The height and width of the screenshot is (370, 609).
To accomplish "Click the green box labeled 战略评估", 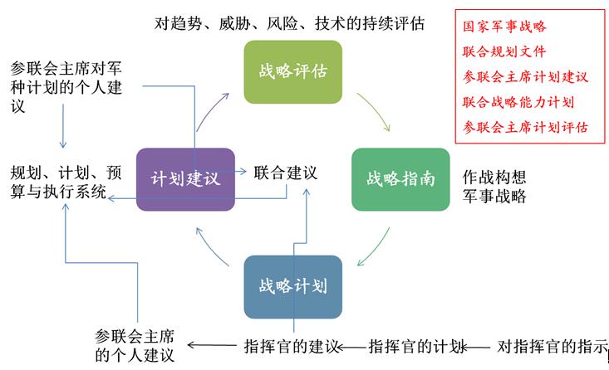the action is (x=292, y=71).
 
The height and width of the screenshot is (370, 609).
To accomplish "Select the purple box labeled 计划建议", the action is (x=185, y=179).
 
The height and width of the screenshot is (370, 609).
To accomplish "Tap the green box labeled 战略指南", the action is (x=400, y=179).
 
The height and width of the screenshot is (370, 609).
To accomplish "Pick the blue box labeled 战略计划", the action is (x=292, y=286).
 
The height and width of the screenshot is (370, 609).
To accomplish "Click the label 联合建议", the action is (x=286, y=173).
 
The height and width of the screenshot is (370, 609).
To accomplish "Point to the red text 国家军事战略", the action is (x=504, y=26).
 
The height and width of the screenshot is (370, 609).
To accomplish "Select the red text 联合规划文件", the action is (x=504, y=51).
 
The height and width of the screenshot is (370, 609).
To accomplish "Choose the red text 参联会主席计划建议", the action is (x=525, y=76).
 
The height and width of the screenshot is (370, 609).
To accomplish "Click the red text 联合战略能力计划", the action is (x=518, y=101).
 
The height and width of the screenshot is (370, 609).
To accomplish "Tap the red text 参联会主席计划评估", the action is (x=525, y=127).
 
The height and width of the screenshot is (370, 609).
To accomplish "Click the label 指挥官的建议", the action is (x=292, y=346).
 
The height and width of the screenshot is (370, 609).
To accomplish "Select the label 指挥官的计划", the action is (x=417, y=346).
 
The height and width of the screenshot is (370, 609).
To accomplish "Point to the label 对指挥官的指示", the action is (x=553, y=346).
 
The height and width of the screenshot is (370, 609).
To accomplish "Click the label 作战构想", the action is (x=494, y=178).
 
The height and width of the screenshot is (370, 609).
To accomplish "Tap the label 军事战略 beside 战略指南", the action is (x=494, y=197).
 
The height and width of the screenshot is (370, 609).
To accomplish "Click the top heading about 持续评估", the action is (x=289, y=23).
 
